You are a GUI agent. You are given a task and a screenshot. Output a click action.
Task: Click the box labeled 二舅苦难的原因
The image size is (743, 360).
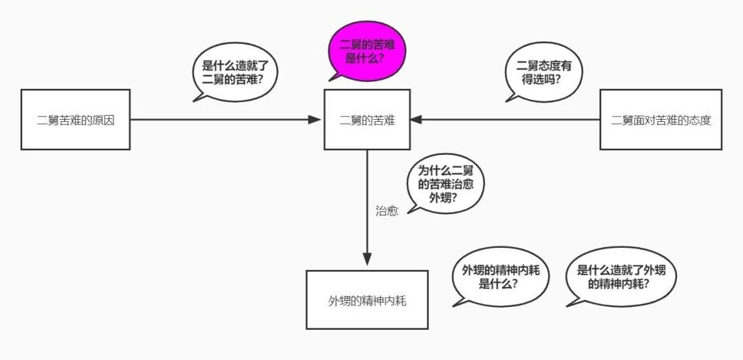click(75, 120)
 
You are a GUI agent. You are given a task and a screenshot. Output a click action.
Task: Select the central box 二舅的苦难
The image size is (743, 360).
click(367, 120)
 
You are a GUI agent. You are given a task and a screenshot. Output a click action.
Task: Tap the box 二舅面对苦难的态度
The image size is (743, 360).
click(660, 120)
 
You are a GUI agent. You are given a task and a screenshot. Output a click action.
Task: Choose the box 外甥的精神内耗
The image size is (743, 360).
click(367, 300)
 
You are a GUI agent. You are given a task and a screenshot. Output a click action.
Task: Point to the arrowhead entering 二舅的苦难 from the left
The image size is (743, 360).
click(316, 120)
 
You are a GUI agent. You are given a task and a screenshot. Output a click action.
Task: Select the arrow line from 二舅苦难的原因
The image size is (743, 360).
click(220, 120)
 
